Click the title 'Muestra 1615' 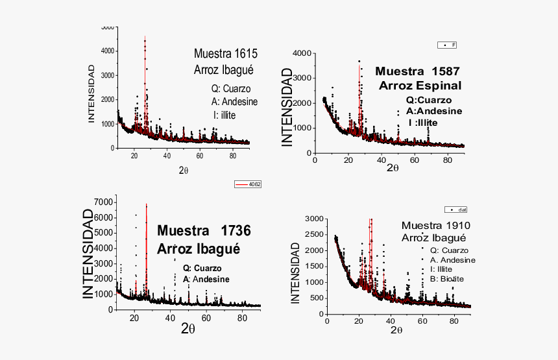(226, 53)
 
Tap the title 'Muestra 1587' (418, 71)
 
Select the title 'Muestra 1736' (204, 231)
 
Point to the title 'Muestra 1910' (435, 226)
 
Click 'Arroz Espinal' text (420, 86)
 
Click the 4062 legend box (248, 184)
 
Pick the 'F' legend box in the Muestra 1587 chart (447, 45)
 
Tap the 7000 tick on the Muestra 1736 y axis (104, 202)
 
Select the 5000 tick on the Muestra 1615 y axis (108, 27)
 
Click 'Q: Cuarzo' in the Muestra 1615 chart (232, 89)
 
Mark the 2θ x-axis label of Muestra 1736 (188, 328)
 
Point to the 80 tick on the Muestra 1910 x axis (453, 320)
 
